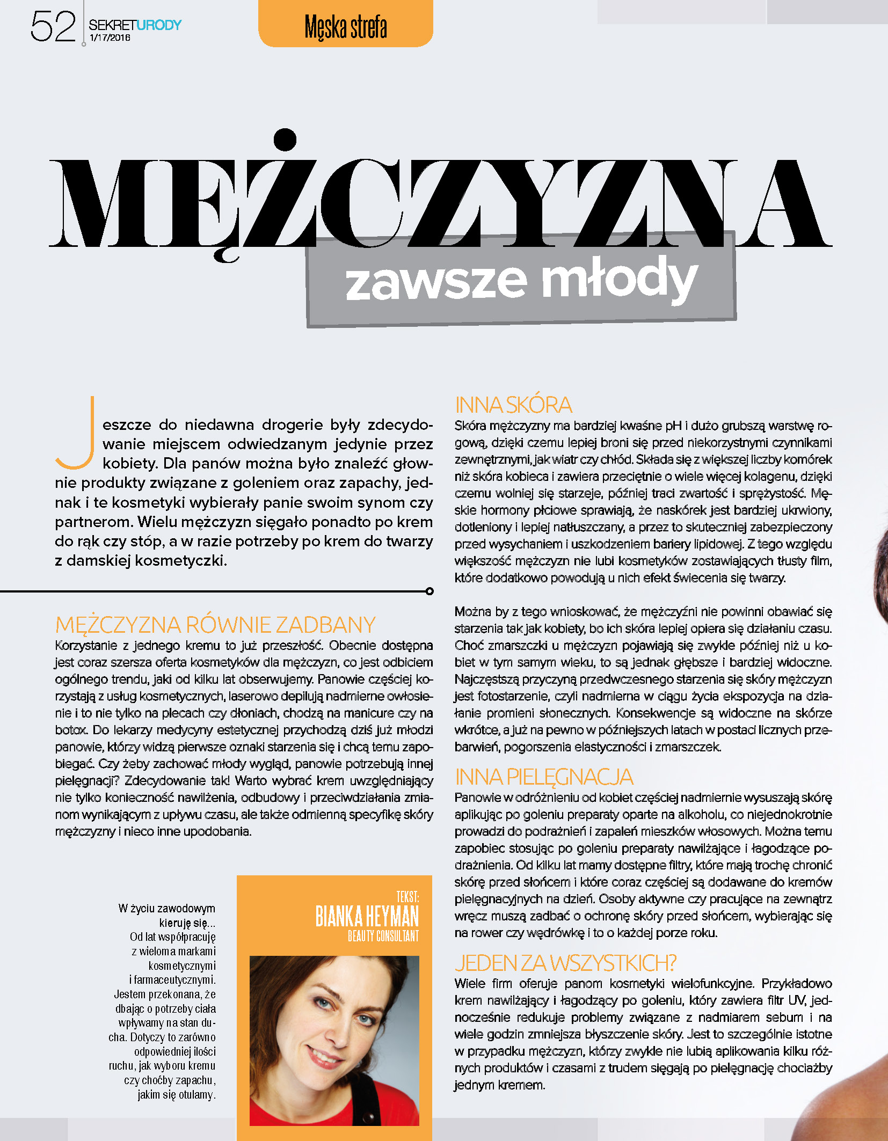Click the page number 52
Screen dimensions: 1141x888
(53, 27)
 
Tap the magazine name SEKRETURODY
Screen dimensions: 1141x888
(135, 25)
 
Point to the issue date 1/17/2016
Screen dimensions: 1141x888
(110, 38)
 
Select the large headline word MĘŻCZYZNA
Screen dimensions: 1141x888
(440, 201)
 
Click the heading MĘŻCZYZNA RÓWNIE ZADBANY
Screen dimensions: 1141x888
(215, 625)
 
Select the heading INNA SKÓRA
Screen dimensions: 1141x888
(513, 405)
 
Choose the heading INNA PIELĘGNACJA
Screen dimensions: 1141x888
(544, 777)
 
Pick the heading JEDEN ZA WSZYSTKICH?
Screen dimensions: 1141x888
(565, 963)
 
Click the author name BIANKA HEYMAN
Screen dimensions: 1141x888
(367, 916)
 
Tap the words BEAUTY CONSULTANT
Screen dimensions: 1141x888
(383, 937)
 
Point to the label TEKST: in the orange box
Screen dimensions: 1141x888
(407, 896)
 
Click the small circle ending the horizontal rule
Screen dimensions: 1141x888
(430, 591)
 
